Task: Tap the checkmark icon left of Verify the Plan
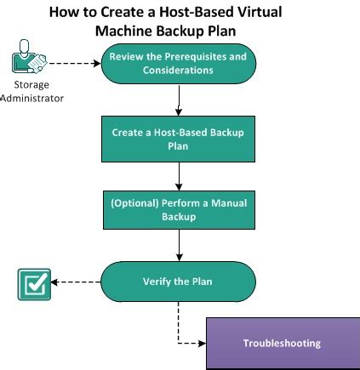[34, 284]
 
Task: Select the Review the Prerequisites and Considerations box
[178, 64]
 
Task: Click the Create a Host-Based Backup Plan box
[178, 139]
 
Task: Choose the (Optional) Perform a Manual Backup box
[178, 209]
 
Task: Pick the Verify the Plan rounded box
[178, 282]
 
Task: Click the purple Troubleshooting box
[282, 344]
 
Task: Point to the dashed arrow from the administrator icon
[75, 63]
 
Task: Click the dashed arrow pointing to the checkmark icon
[77, 282]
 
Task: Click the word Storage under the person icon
[31, 85]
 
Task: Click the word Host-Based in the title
[187, 13]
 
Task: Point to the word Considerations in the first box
[178, 71]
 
